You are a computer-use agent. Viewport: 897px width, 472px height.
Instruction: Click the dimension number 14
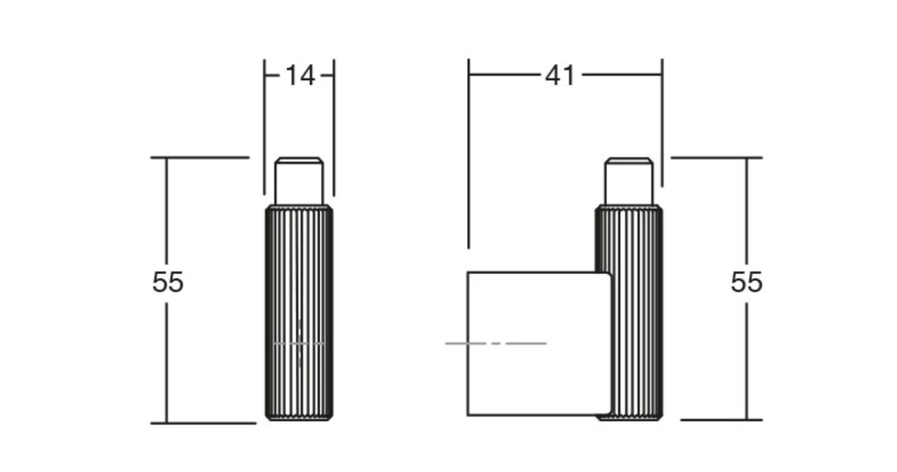coord(300,76)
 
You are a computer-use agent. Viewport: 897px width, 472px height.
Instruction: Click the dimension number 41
coord(560,76)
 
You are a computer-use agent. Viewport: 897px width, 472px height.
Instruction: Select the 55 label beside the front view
coord(169,282)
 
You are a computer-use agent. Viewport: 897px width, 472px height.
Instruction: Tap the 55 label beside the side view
coord(746,282)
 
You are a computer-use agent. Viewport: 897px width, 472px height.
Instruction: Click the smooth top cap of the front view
coord(298,181)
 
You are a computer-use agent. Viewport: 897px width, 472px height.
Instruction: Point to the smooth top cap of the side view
coord(629,181)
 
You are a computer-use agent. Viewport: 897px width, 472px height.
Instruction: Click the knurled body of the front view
coord(299,313)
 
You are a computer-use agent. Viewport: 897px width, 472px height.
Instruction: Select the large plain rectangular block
coord(540,344)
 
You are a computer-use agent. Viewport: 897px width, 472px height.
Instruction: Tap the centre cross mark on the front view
coord(299,344)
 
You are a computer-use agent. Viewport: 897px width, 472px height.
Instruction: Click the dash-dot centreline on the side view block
coord(496,344)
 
